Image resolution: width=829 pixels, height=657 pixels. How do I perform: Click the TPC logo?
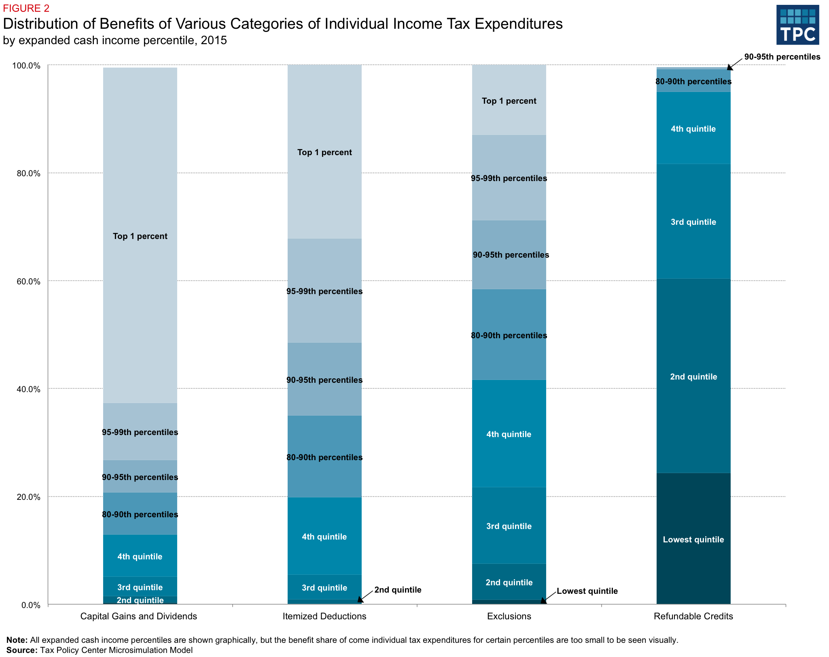coord(797,25)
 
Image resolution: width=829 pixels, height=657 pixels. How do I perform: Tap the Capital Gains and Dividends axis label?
coord(138,616)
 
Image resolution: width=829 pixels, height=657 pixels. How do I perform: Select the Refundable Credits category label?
coord(693,616)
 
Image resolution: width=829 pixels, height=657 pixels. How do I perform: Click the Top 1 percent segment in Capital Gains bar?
coord(140,236)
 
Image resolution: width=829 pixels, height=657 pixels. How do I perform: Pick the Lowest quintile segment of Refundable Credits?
coord(693,540)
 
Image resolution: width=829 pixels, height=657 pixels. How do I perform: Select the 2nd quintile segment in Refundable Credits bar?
coord(693,377)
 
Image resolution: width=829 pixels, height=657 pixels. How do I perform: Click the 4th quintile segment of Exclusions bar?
coord(509,434)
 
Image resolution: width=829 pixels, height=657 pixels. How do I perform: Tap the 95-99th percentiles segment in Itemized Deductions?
coord(324,291)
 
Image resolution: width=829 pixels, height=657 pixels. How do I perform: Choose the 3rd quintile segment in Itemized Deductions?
coord(324,588)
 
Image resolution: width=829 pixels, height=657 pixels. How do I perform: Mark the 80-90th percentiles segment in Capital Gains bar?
coord(140,514)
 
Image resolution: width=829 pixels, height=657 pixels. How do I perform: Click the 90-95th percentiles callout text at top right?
coord(782,57)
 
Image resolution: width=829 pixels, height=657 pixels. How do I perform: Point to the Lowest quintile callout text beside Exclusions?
coord(587,591)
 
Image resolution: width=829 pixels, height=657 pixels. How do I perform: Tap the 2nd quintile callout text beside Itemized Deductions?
coord(398,590)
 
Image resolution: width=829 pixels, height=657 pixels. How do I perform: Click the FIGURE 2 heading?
coord(26,9)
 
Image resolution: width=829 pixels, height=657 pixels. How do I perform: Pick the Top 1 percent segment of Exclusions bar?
coord(509,101)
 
